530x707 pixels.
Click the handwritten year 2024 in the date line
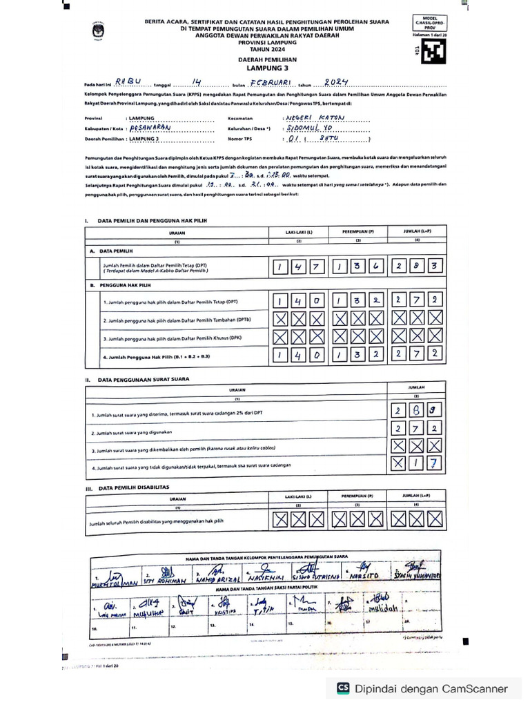(x=338, y=80)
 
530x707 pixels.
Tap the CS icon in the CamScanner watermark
(x=343, y=688)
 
